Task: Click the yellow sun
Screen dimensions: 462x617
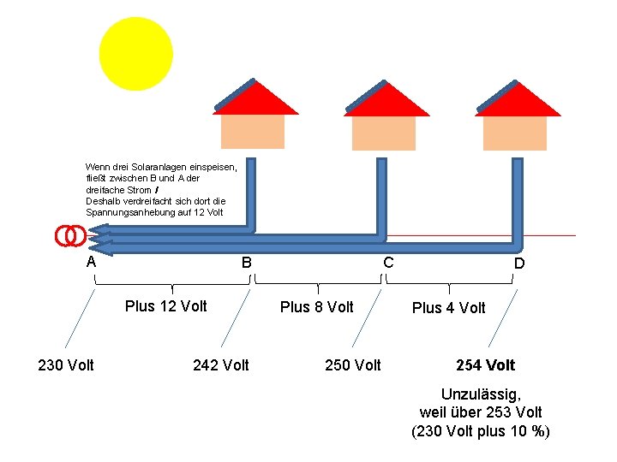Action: click(135, 54)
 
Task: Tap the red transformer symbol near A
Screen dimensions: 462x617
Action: click(70, 235)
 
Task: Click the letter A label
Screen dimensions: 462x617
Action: click(91, 262)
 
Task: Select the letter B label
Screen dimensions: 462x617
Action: click(246, 263)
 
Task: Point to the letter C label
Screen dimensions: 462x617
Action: click(388, 262)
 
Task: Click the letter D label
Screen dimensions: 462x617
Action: click(518, 264)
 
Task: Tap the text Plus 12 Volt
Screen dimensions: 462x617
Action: click(166, 306)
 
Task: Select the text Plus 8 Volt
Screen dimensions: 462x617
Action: click(317, 307)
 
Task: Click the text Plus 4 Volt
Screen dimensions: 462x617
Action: click(448, 308)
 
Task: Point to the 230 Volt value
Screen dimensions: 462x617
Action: click(66, 365)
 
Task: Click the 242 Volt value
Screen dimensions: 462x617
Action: click(221, 365)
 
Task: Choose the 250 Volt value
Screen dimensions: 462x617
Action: click(353, 365)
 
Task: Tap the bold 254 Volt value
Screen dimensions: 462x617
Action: click(485, 365)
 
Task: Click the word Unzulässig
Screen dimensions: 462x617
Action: click(481, 394)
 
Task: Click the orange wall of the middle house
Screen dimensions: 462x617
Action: click(384, 133)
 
